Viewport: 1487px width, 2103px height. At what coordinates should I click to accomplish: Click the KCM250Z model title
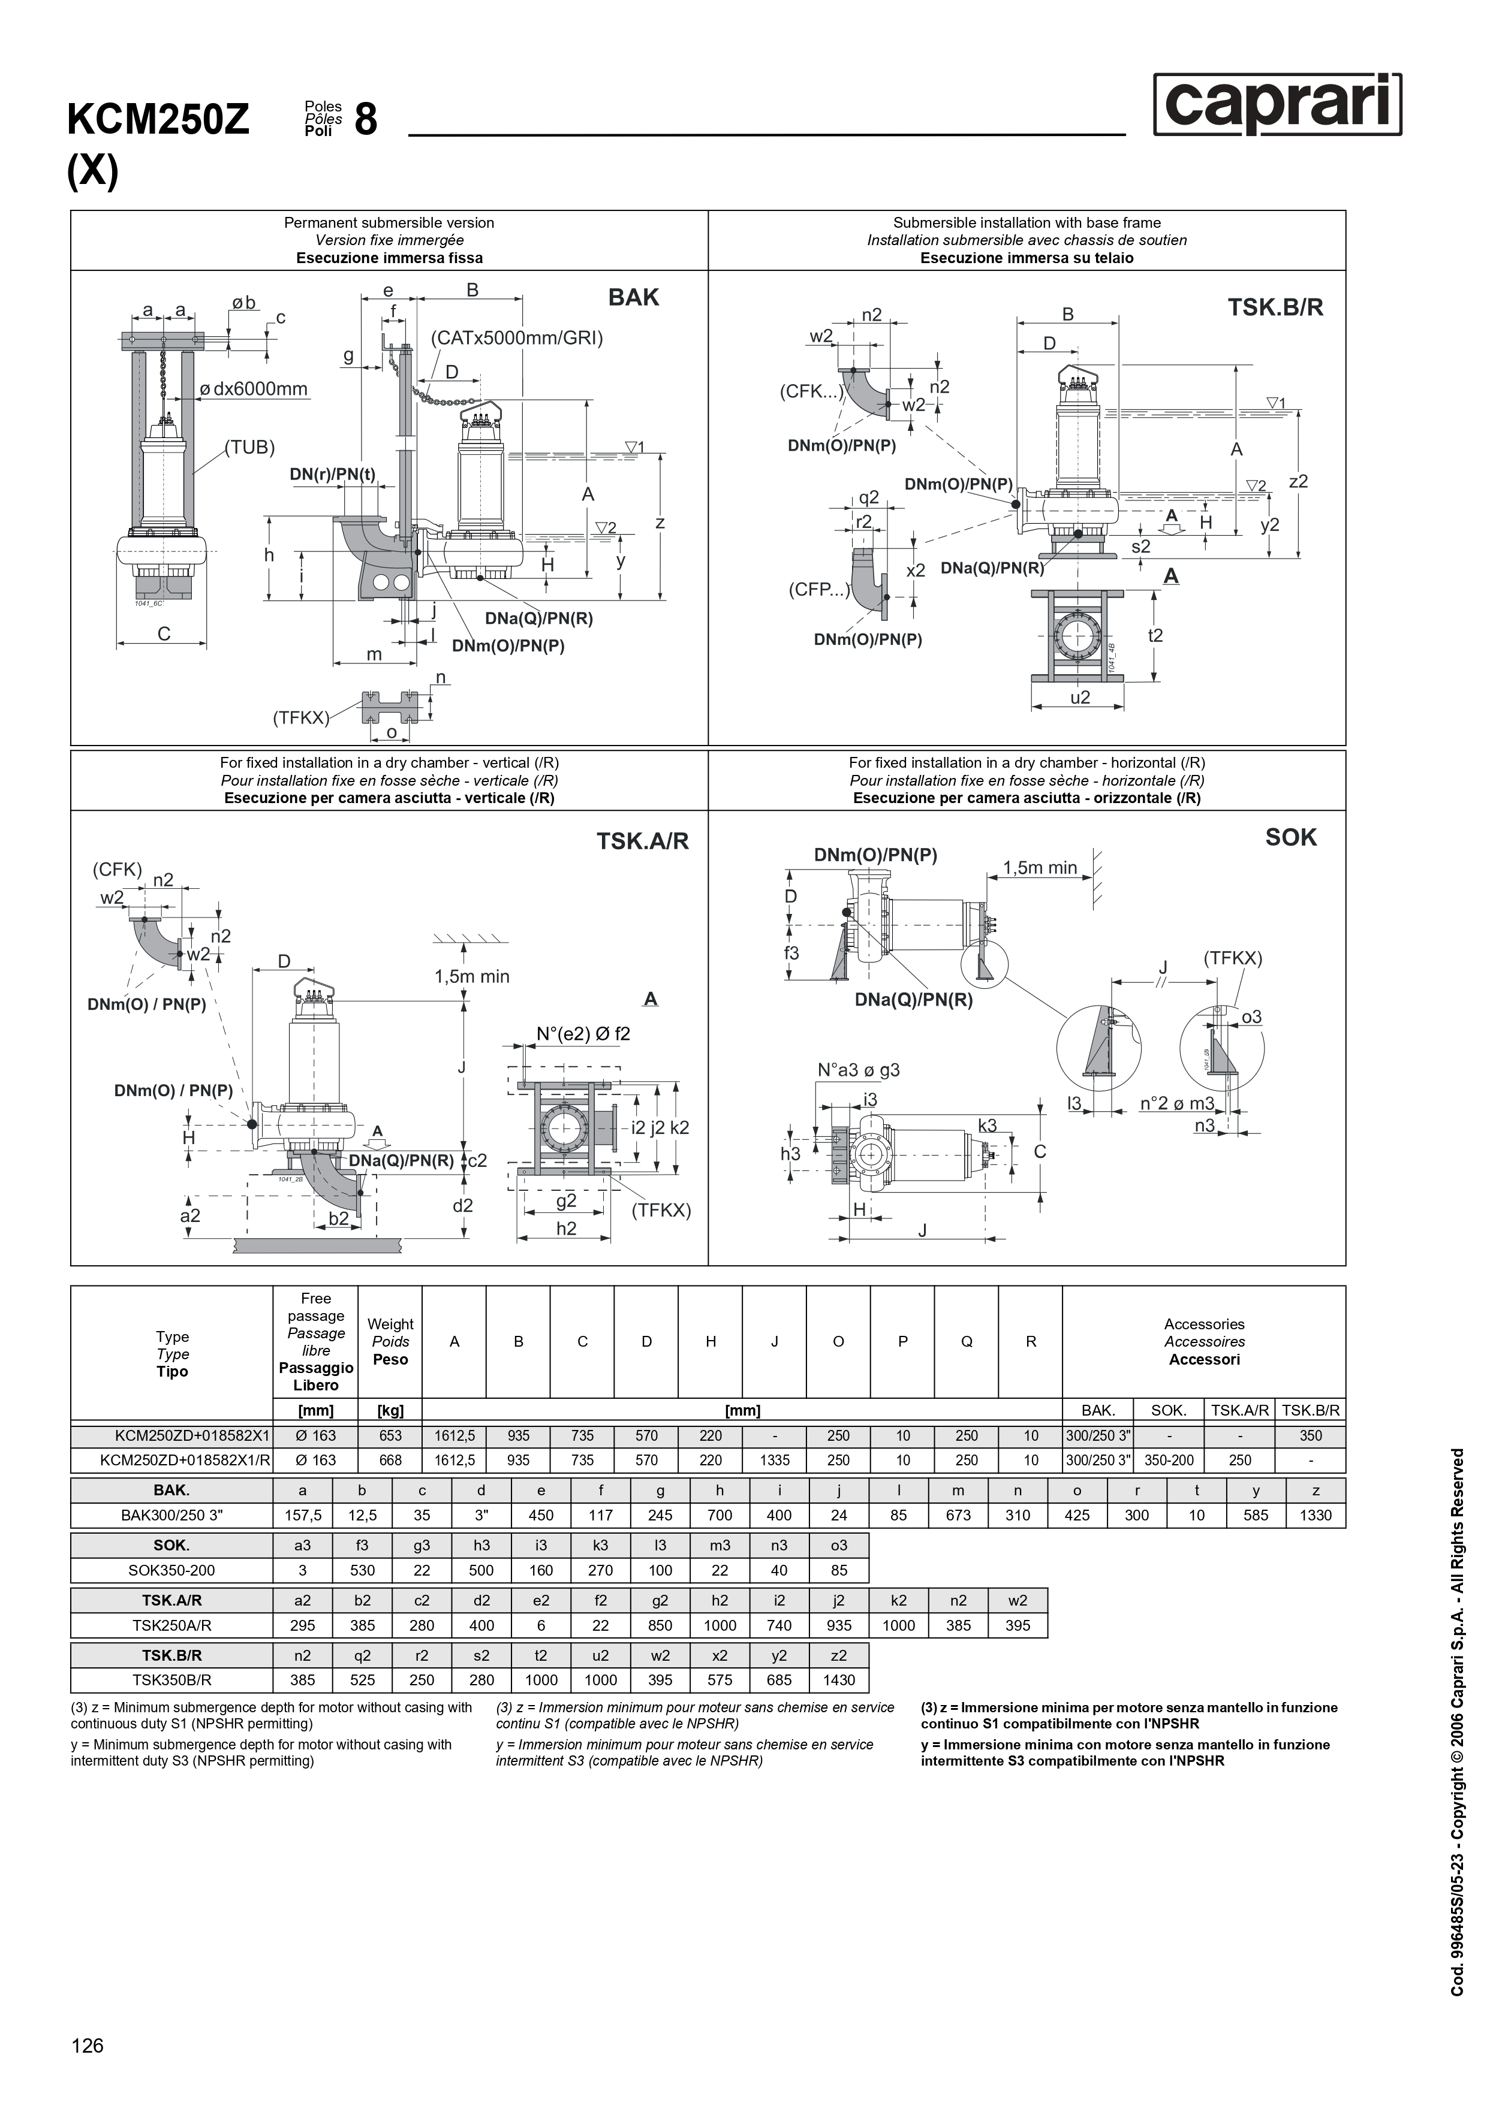(158, 120)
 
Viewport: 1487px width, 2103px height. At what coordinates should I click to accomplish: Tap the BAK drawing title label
(633, 298)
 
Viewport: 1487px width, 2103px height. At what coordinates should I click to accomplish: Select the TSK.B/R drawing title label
(1275, 308)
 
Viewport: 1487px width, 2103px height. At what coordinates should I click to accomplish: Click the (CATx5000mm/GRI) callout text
(517, 338)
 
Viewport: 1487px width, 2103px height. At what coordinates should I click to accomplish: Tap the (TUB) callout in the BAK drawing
(250, 448)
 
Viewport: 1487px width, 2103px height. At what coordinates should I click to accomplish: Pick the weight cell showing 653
(390, 1436)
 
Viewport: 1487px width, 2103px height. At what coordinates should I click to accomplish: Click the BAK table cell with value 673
(958, 1515)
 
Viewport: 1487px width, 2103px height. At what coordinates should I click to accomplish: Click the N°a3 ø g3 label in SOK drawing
(859, 1070)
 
